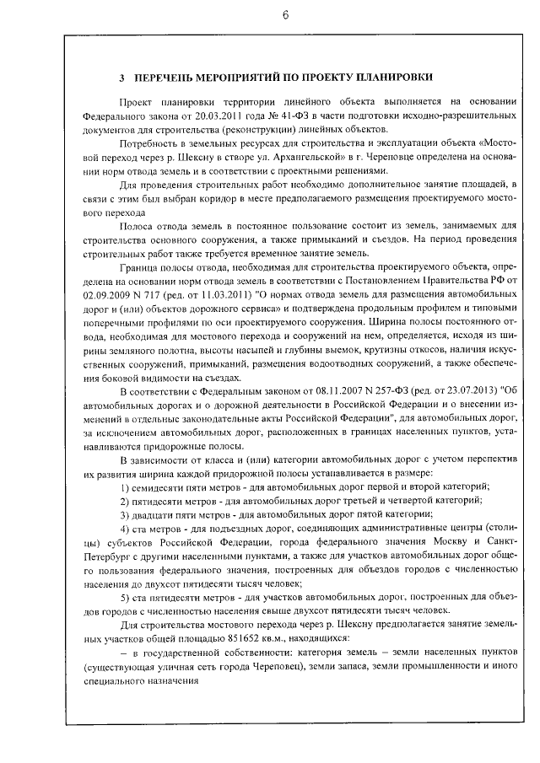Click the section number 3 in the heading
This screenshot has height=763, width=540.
tap(122, 78)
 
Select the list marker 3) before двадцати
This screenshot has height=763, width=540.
tap(125, 513)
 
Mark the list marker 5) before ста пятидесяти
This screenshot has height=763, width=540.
tap(125, 596)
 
